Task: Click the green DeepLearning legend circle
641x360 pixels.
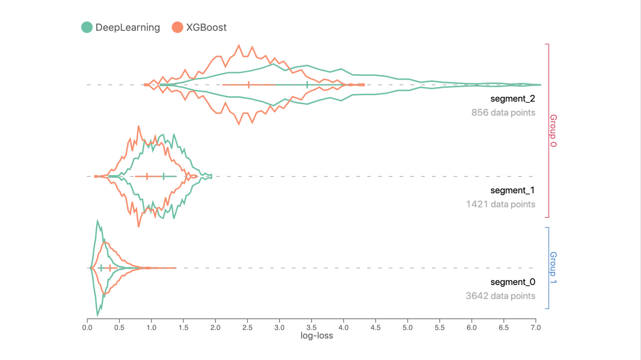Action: tap(87, 27)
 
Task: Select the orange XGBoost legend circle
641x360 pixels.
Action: tap(177, 27)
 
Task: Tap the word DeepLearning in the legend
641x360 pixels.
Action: tap(128, 27)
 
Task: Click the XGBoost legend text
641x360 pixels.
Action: tap(206, 27)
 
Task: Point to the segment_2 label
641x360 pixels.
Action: tap(513, 99)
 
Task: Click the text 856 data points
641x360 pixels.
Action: tap(503, 113)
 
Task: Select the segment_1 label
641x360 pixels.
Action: tap(513, 191)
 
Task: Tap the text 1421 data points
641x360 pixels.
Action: tap(500, 204)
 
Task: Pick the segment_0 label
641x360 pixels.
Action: tap(513, 282)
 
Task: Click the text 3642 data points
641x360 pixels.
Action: tap(500, 296)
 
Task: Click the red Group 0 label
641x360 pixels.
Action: tap(553, 130)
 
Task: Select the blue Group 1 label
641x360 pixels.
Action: tap(553, 268)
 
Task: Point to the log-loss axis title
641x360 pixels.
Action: tap(317, 336)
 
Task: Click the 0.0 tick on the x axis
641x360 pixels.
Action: tap(87, 327)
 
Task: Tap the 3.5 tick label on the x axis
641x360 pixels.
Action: tap(311, 327)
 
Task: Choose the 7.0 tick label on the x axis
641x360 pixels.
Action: tap(536, 327)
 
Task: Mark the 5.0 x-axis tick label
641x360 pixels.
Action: tap(408, 327)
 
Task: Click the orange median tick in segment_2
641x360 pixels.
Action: tap(249, 85)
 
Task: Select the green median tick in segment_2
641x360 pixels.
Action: tap(307, 85)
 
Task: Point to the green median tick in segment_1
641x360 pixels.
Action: tap(163, 176)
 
